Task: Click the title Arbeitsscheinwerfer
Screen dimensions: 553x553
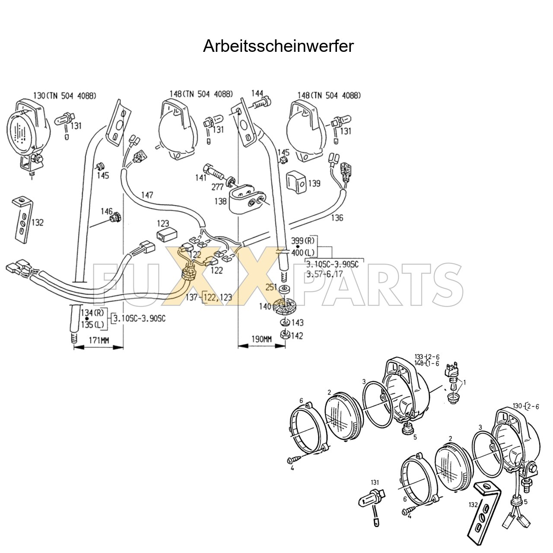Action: coord(278,46)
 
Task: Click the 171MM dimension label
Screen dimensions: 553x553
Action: coord(99,340)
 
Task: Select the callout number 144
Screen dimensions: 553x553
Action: coord(257,93)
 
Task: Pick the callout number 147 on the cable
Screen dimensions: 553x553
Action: coord(147,196)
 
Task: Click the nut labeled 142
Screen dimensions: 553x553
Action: coord(284,334)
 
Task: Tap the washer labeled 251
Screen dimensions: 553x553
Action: coord(284,289)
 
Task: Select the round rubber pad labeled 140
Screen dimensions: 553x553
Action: coord(284,306)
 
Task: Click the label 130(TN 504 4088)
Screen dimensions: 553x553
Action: coord(64,95)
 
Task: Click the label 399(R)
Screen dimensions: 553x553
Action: coord(304,241)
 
